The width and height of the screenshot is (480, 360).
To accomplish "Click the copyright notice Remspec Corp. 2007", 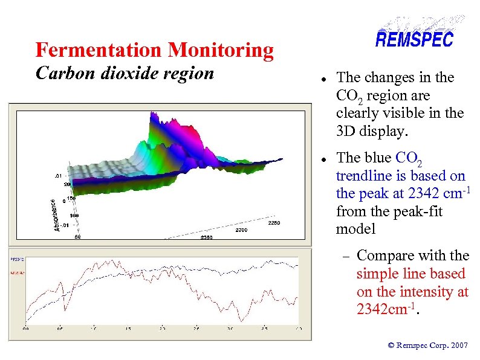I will click(x=428, y=346).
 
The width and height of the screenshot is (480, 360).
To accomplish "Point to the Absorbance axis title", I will click(x=57, y=215).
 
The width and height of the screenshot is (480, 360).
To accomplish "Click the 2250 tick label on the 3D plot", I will click(x=274, y=223).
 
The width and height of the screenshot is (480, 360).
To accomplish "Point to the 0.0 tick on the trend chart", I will click(x=27, y=329).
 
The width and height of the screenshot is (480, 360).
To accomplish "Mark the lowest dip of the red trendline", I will click(x=241, y=320).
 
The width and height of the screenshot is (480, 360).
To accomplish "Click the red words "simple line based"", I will click(x=411, y=274).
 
